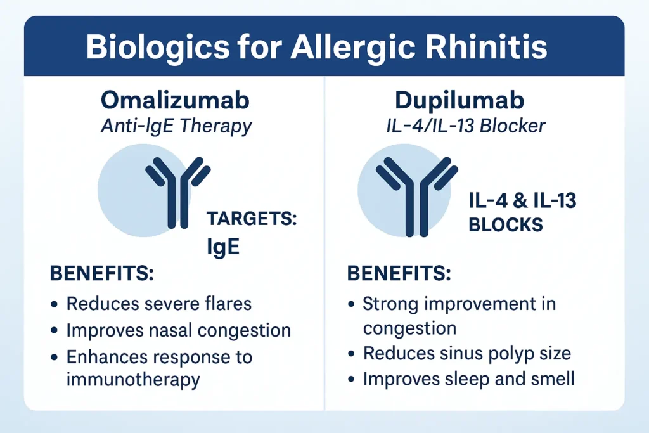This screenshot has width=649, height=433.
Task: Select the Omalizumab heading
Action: pos(176,101)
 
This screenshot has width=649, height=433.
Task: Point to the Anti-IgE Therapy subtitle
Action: pos(176,126)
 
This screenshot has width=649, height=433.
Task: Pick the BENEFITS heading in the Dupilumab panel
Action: pos(399,275)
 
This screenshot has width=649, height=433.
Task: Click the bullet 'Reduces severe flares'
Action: pos(158,303)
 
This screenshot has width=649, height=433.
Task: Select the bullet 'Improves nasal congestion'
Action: pos(178,330)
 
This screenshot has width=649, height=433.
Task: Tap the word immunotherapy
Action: pos(133,380)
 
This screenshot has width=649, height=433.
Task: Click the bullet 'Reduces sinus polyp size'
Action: pos(466,353)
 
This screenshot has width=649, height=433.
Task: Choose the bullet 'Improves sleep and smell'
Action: pos(468,378)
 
